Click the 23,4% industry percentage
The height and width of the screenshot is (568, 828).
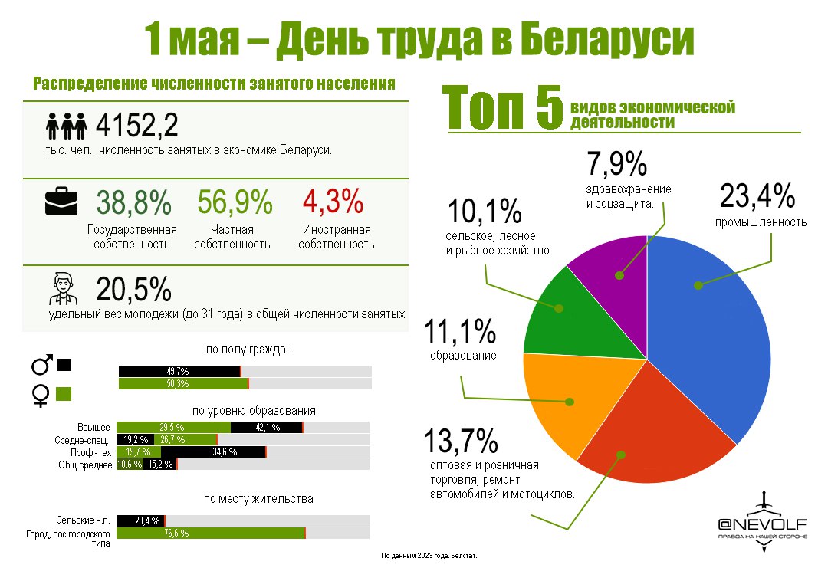757,198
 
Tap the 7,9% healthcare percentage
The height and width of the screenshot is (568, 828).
618,164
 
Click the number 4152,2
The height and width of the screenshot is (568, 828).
137,126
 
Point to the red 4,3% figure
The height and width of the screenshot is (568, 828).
332,202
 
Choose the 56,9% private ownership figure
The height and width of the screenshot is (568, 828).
235,202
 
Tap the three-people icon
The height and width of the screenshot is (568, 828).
65,126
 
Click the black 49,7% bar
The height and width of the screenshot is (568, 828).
179,371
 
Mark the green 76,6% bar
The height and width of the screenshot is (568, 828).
211,533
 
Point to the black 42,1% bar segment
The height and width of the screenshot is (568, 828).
267,427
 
